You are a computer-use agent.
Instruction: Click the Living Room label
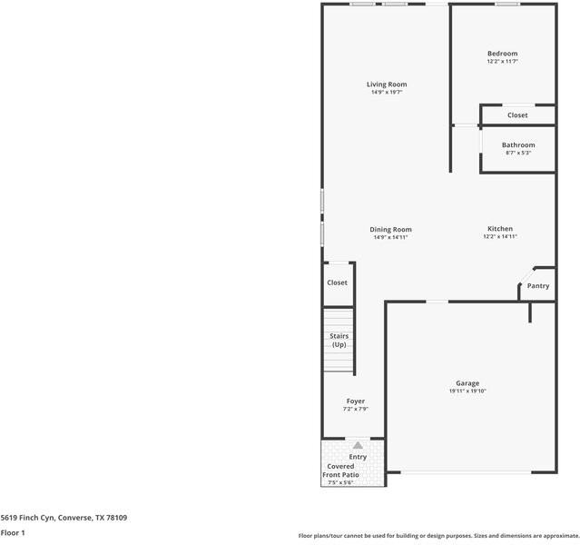[x=386, y=84]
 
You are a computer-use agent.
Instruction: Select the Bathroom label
[x=518, y=144]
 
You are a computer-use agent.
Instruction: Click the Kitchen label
[x=500, y=229]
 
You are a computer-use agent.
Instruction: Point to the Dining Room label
[x=391, y=230]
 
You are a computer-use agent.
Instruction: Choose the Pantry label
[x=538, y=286]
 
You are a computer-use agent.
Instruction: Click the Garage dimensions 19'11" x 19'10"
[x=467, y=391]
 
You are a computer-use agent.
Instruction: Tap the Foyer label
[x=355, y=401]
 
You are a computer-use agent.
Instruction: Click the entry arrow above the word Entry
[x=358, y=446]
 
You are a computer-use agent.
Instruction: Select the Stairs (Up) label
[x=339, y=341]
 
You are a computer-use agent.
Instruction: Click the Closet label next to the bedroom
[x=517, y=115]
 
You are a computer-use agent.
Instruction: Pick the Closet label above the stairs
[x=337, y=282]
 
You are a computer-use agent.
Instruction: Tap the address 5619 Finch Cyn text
[x=64, y=518]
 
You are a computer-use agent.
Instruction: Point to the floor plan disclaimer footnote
[x=438, y=535]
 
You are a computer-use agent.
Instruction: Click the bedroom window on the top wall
[x=507, y=5]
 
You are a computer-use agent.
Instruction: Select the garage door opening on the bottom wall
[x=467, y=472]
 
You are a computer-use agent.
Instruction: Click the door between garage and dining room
[x=437, y=302]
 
